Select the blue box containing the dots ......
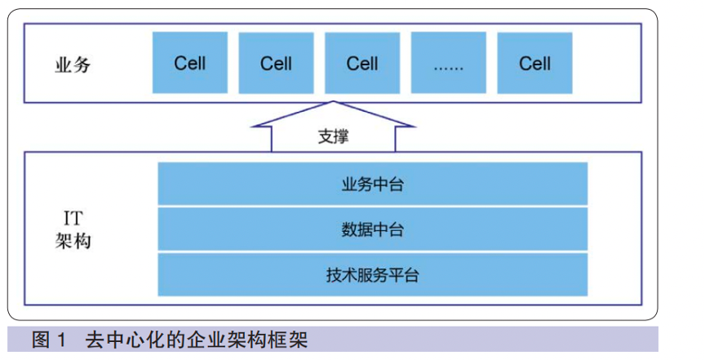[448, 63]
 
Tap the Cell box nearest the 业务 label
[190, 63]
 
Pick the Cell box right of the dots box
[534, 63]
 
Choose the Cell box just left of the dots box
[362, 63]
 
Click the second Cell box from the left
[276, 63]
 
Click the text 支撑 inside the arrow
[333, 136]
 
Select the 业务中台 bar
[372, 184]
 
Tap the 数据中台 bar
[372, 229]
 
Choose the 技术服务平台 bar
[372, 274]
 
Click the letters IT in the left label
[73, 217]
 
